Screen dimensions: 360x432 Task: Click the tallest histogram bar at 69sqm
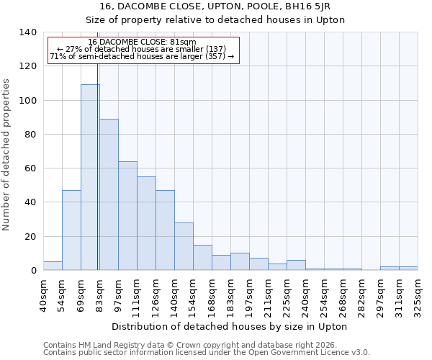point(90,177)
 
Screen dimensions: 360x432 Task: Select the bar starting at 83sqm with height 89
point(109,194)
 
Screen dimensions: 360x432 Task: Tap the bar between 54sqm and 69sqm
point(71,230)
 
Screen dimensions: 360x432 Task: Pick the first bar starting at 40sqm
point(53,266)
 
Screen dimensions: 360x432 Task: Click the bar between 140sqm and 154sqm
point(184,246)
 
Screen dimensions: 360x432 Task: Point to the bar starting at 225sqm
point(296,265)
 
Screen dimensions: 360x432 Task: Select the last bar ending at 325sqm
point(408,268)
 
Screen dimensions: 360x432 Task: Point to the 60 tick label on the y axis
point(30,168)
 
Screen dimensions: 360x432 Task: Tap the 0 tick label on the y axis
point(33,271)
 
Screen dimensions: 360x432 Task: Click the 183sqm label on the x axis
point(230,295)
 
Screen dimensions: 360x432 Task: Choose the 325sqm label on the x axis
point(418,295)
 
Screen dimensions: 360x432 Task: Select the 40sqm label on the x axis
point(43,294)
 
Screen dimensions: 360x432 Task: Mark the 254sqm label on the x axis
point(324,295)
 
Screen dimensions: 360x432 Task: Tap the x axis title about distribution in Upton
point(230,326)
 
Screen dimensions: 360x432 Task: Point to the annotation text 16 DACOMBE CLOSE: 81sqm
point(142,42)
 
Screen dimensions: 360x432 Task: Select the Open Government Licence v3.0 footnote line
point(207,353)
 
